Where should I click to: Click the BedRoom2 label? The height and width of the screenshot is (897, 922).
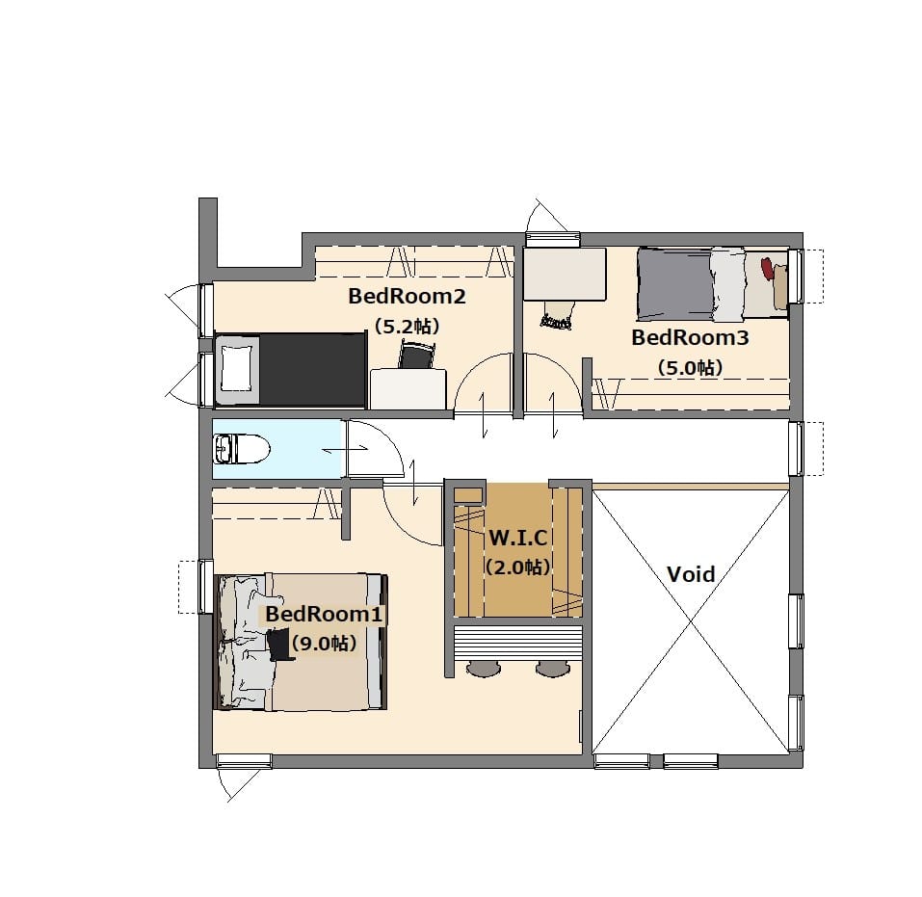click(407, 296)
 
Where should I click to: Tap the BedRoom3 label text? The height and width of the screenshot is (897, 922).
click(691, 337)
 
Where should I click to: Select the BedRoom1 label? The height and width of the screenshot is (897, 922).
click(324, 614)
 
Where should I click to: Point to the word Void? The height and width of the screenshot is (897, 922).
click(691, 574)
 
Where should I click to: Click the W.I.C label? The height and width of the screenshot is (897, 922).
click(518, 538)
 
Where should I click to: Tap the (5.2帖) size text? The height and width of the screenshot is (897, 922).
click(407, 326)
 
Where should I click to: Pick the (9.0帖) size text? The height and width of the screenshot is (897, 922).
click(324, 643)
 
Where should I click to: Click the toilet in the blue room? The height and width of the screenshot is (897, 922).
click(242, 449)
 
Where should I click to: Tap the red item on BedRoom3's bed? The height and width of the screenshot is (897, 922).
click(767, 268)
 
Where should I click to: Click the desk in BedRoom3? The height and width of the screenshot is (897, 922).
click(565, 274)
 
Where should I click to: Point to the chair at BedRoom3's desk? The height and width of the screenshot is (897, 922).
click(557, 315)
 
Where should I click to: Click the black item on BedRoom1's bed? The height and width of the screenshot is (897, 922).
click(279, 645)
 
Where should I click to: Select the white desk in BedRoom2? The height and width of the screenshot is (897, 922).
click(408, 389)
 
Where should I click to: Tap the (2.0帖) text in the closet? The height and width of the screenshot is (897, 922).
click(518, 567)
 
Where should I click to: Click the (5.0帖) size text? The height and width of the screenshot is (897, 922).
click(691, 368)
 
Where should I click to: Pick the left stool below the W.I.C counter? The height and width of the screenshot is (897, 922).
click(485, 669)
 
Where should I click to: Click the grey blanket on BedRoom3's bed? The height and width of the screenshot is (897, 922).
click(674, 284)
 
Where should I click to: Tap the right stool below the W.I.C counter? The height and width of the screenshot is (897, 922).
click(553, 669)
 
